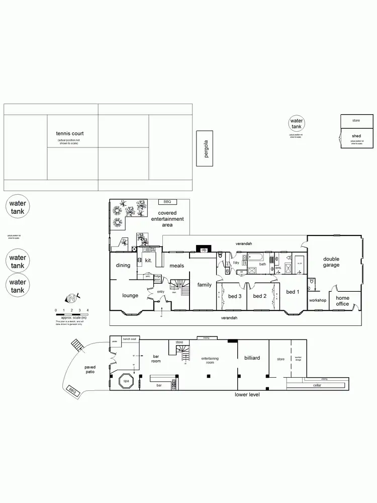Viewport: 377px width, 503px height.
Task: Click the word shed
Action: (x=356, y=136)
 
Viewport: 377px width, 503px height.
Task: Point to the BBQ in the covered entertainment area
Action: (x=167, y=202)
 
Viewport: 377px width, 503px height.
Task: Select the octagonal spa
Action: (x=126, y=381)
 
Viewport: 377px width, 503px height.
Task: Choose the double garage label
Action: (x=331, y=262)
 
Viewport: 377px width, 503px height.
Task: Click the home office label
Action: (x=342, y=301)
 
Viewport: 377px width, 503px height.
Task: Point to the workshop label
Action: (x=318, y=300)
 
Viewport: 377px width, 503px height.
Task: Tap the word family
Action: (x=204, y=285)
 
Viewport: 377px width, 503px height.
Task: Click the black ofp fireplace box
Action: (x=204, y=249)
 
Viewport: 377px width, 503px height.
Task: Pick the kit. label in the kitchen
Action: (x=148, y=261)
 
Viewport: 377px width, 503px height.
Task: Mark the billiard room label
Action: (x=252, y=358)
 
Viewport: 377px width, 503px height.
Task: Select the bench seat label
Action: (x=130, y=340)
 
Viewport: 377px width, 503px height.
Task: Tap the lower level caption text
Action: (x=247, y=394)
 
